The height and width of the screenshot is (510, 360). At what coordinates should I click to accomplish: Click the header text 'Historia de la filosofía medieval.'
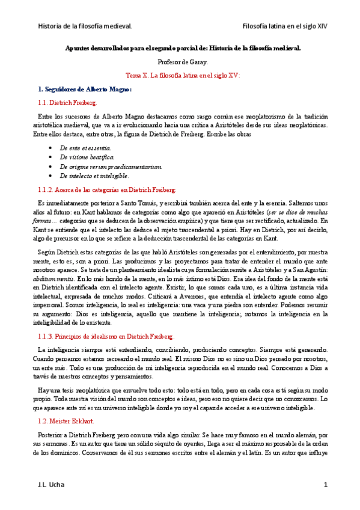tap(85, 26)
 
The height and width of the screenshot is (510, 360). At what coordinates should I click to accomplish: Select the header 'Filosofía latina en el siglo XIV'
tap(284, 26)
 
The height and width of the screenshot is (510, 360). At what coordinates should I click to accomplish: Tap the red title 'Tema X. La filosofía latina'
tap(182, 76)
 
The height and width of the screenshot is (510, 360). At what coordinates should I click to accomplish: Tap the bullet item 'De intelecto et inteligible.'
tap(94, 176)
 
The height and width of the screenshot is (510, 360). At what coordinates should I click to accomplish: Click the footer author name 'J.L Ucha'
tap(50, 485)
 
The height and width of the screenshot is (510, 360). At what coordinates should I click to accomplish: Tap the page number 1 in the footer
tap(325, 485)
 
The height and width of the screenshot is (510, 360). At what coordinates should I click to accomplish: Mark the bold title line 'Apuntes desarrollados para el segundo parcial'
tap(182, 48)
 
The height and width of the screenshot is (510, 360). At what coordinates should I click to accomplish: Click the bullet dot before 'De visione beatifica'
tap(50, 157)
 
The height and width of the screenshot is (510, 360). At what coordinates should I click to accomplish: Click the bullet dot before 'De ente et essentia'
tap(50, 147)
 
